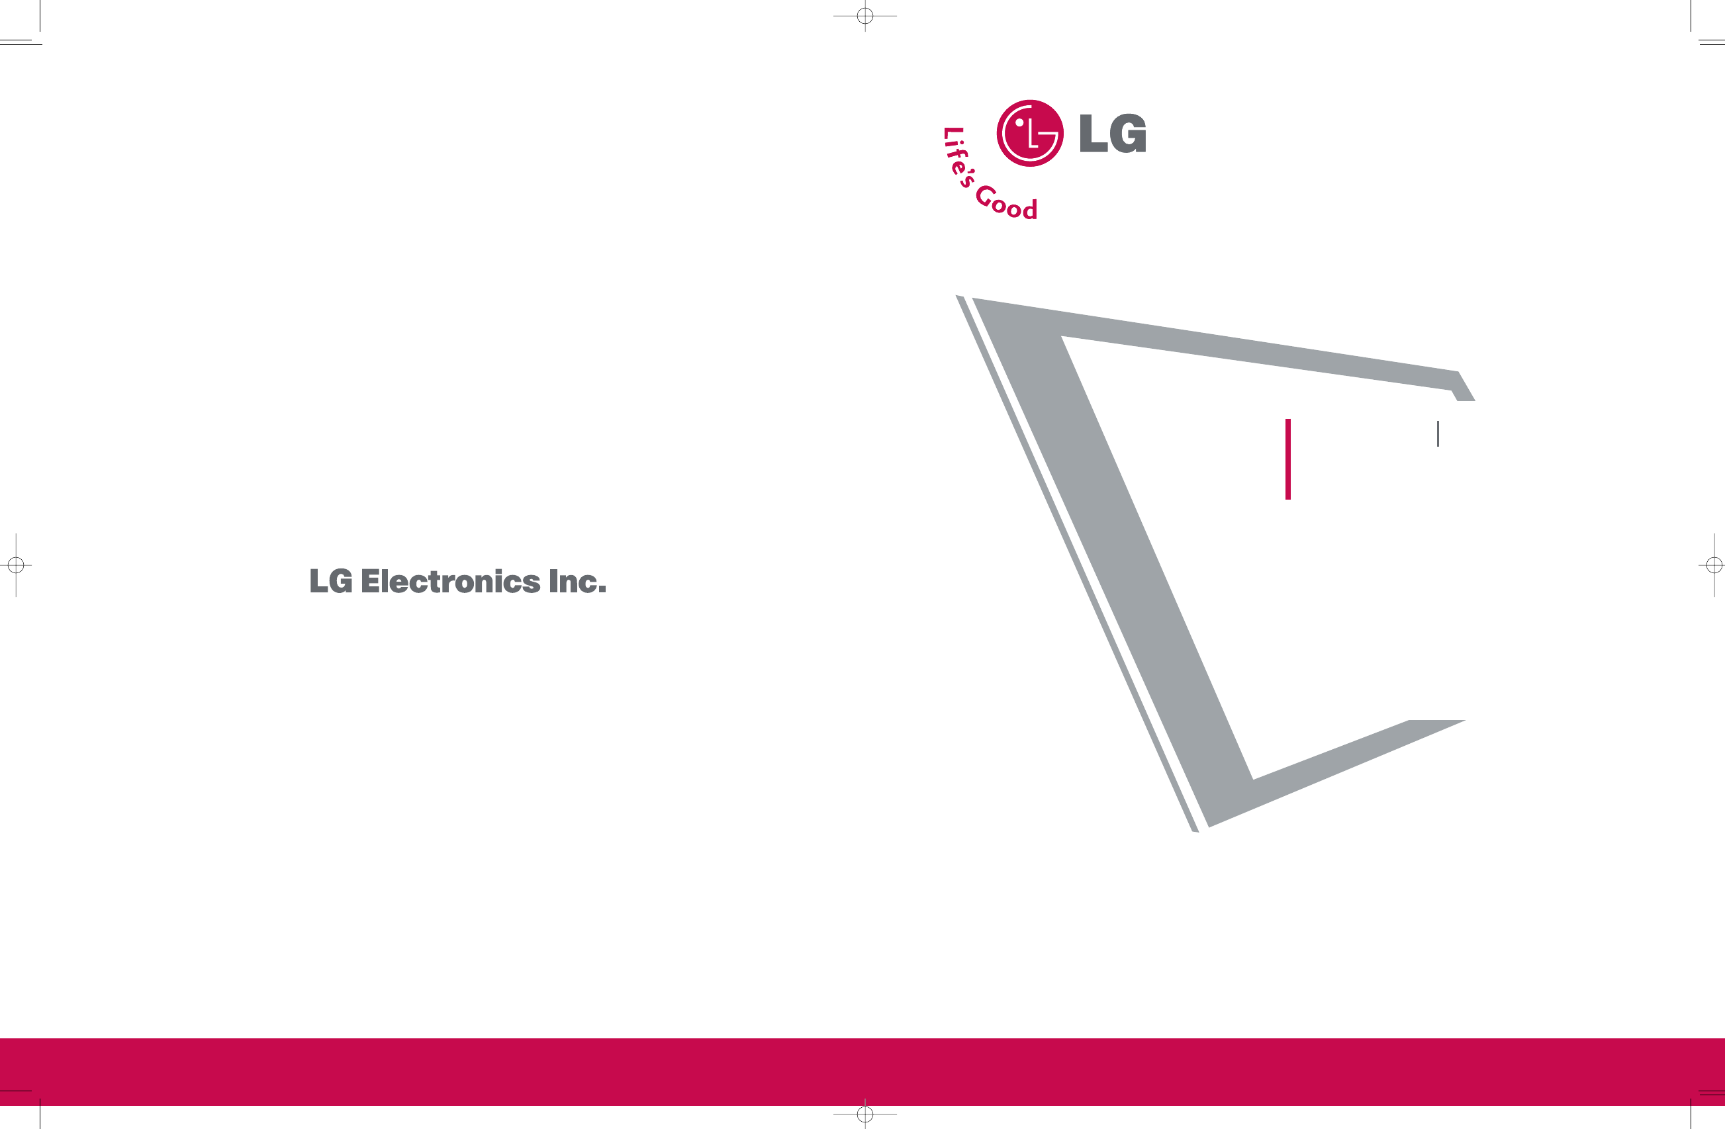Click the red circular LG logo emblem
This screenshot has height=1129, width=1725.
pyautogui.click(x=1029, y=133)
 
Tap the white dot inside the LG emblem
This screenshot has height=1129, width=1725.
pyautogui.click(x=1020, y=122)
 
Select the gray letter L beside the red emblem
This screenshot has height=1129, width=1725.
pyautogui.click(x=1093, y=133)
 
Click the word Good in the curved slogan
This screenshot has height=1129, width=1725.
pyautogui.click(x=1007, y=204)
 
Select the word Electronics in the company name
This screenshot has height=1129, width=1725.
pyautogui.click(x=450, y=582)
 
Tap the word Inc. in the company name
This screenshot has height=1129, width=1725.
pyautogui.click(x=577, y=582)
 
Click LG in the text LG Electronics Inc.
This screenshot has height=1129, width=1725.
pyautogui.click(x=331, y=582)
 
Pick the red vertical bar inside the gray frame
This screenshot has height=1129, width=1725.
pyautogui.click(x=1288, y=459)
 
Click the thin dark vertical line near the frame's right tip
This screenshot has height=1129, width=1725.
pyautogui.click(x=1438, y=434)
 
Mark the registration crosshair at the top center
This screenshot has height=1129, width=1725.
pyautogui.click(x=864, y=15)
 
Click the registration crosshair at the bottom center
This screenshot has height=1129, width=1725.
pyautogui.click(x=864, y=1114)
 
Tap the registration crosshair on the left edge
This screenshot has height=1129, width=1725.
pyautogui.click(x=16, y=564)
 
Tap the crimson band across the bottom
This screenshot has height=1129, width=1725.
pyautogui.click(x=862, y=1071)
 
